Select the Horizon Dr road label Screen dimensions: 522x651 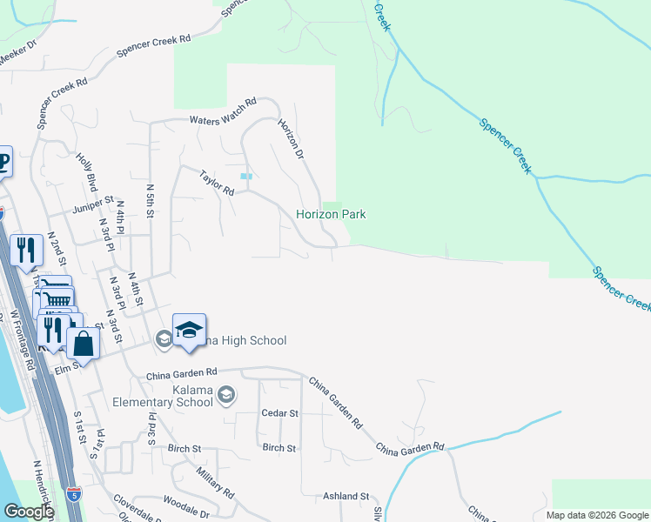290,138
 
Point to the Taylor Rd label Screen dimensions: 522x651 217,183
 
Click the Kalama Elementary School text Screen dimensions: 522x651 163,396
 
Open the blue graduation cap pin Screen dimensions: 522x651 189,331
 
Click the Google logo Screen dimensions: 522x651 28,512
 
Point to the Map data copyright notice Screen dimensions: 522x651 596,515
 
